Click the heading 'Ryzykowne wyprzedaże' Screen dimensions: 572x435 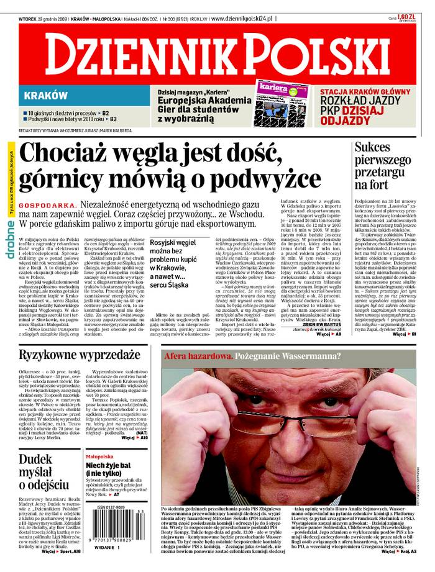coord(80,355)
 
